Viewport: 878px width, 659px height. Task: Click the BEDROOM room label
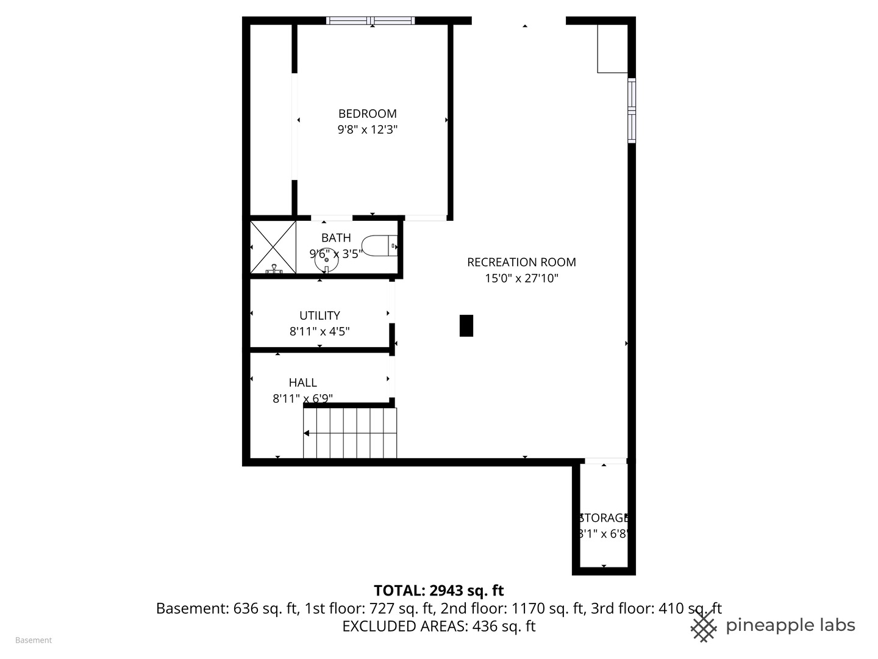367,113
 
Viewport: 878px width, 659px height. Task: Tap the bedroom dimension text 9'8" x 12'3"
367,129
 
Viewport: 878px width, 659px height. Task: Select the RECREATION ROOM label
521,262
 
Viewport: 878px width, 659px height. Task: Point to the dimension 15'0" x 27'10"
521,278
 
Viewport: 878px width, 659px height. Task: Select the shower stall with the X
273,247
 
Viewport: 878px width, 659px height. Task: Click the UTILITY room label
319,315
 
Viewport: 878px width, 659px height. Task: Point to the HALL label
302,383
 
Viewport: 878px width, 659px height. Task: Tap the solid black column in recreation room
466,325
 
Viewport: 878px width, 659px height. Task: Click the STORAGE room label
604,518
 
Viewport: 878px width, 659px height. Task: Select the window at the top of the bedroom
371,21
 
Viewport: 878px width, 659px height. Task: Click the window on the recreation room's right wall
632,110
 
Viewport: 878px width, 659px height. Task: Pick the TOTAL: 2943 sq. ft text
438,591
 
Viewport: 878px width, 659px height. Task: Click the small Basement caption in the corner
34,640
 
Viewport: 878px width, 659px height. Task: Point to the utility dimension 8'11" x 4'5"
319,331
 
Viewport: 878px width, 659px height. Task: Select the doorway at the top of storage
605,461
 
